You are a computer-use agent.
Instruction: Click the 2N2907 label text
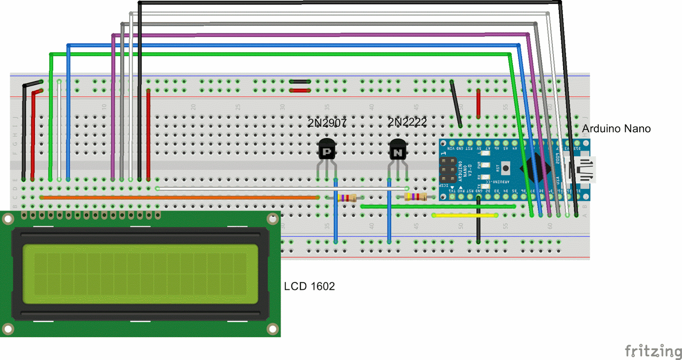tap(327, 123)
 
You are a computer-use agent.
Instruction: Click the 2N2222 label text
tap(407, 122)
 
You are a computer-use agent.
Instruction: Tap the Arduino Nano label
tap(616, 129)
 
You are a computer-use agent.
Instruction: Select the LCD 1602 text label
tap(309, 286)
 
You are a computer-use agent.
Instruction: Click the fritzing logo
tap(653, 351)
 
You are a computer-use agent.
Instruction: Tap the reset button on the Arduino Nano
tap(506, 168)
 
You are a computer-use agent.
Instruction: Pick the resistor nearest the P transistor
tap(347, 198)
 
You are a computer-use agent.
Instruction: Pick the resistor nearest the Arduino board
tap(415, 196)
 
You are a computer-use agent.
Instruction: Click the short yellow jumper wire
tap(465, 216)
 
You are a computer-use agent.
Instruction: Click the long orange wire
tap(179, 198)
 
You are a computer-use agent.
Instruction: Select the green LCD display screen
tap(140, 274)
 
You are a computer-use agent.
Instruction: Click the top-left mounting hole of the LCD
tap(8, 219)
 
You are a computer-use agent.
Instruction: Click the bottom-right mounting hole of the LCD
tap(272, 329)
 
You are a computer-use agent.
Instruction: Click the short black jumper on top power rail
tap(300, 81)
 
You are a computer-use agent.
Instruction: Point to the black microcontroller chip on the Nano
tap(535, 169)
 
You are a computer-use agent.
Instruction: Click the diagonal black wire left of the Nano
tap(456, 104)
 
